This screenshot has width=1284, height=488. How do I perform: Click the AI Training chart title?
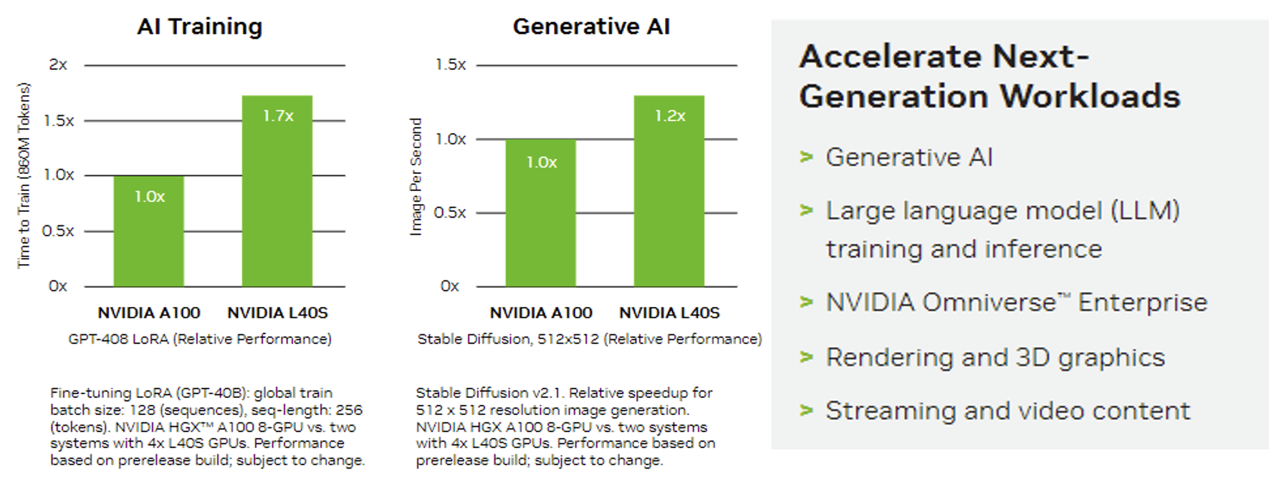click(x=199, y=27)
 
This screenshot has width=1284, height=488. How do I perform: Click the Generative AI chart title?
click(x=591, y=27)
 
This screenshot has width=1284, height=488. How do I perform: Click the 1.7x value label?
click(x=278, y=116)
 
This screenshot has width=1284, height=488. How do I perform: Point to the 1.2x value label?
click(x=670, y=116)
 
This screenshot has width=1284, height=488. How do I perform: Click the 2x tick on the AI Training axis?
click(x=58, y=65)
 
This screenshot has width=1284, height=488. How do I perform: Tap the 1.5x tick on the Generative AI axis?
click(x=451, y=65)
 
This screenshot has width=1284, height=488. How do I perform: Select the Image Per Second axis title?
click(x=416, y=177)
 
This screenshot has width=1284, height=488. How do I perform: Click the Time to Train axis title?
click(x=24, y=175)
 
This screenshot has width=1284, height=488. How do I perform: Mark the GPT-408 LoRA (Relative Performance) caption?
click(x=200, y=339)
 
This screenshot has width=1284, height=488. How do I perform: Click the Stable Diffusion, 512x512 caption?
click(x=589, y=339)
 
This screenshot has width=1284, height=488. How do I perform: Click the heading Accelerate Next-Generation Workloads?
click(x=989, y=77)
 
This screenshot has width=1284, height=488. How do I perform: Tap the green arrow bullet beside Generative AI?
click(x=807, y=157)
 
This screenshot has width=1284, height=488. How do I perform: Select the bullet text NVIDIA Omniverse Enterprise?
click(x=1016, y=303)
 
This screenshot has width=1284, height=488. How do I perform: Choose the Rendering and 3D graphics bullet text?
click(x=995, y=357)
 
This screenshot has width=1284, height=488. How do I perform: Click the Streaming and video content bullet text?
click(x=1007, y=411)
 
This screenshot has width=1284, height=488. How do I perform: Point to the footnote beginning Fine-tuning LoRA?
click(x=207, y=426)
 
